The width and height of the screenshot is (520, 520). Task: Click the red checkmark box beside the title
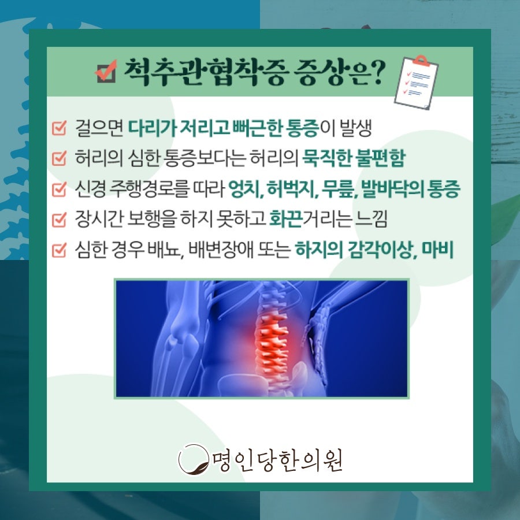(106, 71)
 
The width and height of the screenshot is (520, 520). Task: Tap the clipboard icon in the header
(416, 82)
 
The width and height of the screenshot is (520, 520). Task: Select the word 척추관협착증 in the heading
(205, 72)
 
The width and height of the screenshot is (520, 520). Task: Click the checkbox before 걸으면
(60, 128)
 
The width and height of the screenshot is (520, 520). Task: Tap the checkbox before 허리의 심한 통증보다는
(60, 158)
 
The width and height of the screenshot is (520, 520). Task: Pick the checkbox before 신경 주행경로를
(60, 189)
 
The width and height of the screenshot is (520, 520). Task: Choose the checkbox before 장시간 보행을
(60, 220)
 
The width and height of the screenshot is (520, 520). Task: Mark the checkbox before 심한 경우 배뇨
(60, 250)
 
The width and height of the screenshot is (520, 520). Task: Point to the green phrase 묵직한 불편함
(354, 158)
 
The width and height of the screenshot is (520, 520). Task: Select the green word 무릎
(339, 189)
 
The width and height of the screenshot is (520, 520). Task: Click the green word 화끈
(285, 219)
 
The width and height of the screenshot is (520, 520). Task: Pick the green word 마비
(437, 250)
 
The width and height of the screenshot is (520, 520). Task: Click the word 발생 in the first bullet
(355, 128)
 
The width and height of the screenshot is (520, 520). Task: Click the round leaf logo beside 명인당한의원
(194, 460)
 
